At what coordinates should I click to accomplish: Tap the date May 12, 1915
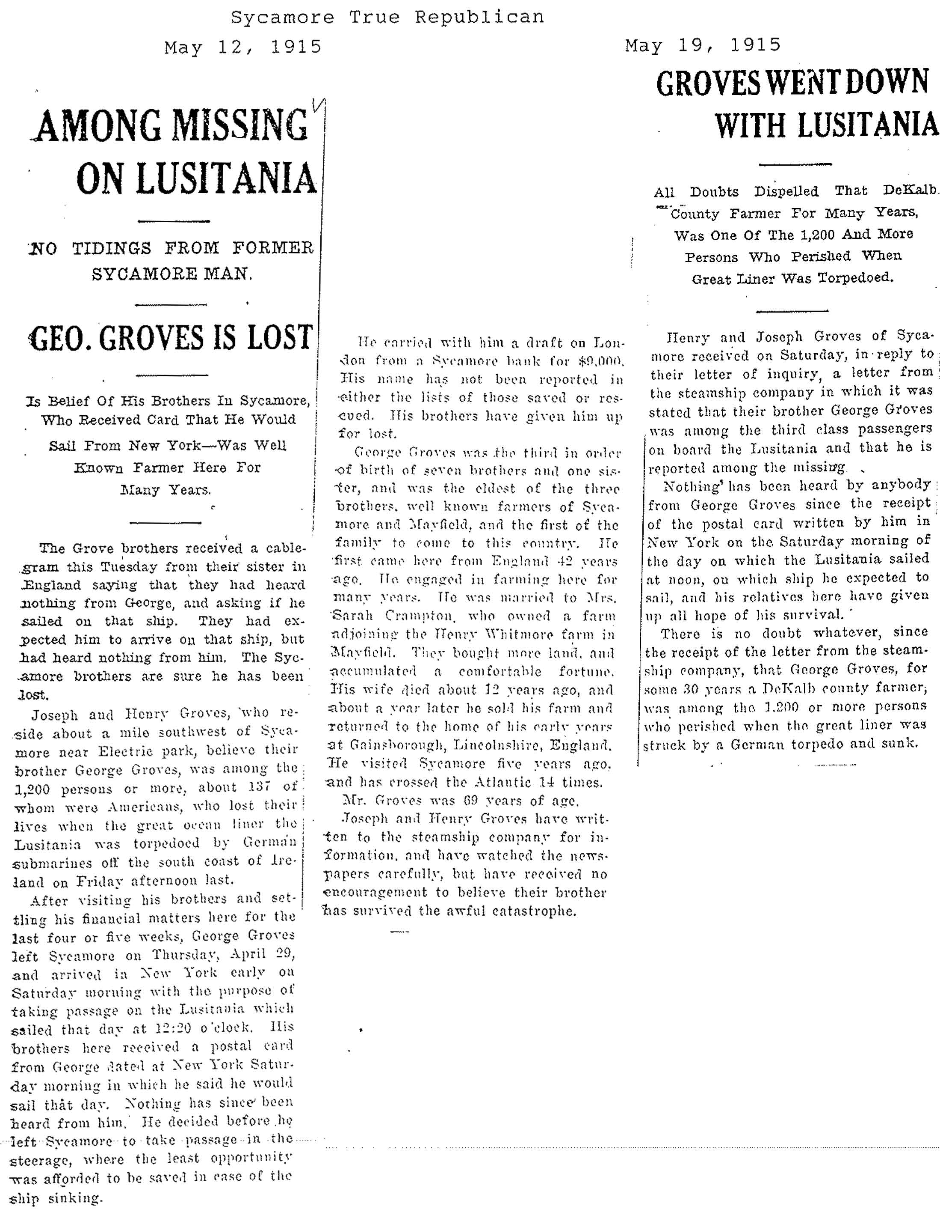243,47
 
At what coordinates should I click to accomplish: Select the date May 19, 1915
703,45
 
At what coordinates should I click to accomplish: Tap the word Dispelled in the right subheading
786,191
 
